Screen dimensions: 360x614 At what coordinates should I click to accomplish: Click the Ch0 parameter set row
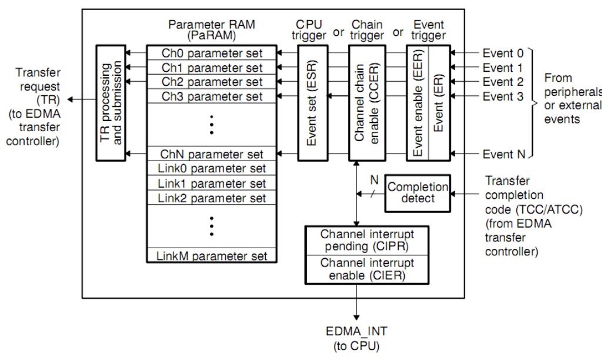212,53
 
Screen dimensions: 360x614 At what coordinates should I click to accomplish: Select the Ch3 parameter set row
212,96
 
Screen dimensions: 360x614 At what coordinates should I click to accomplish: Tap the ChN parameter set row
212,154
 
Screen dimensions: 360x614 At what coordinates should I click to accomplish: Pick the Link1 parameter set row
212,184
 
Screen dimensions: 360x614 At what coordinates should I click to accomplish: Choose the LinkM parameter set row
212,256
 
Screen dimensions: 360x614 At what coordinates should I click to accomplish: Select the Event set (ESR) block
312,102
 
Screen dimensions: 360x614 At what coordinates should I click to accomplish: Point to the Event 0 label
503,53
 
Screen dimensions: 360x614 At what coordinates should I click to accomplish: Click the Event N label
503,154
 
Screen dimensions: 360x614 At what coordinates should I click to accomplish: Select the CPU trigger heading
312,30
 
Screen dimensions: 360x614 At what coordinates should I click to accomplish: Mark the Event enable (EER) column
418,102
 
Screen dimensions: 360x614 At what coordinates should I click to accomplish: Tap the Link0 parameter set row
212,169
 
